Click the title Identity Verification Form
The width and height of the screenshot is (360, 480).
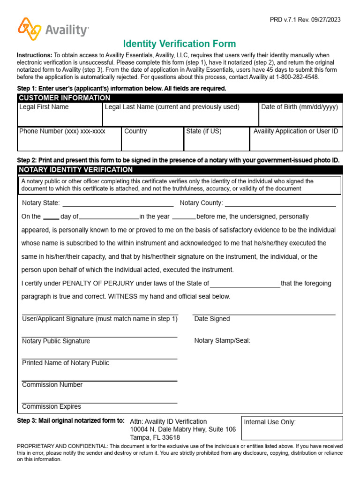[180, 44]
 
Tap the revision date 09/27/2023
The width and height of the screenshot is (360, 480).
[324, 20]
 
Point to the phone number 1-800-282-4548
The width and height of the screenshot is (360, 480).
[297, 77]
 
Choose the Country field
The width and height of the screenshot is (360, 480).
[152, 139]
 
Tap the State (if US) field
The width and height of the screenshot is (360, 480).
[216, 139]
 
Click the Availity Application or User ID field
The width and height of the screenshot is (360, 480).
[296, 139]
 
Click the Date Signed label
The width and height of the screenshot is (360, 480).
[212, 319]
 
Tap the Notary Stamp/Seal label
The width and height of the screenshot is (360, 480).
[222, 341]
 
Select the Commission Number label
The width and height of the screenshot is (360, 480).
[52, 385]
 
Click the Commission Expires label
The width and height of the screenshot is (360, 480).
[52, 406]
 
